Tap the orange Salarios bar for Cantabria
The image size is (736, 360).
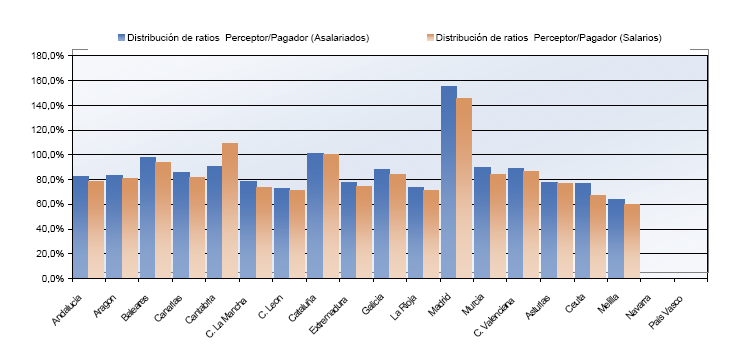(x=230, y=210)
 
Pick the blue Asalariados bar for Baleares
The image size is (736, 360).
(x=148, y=217)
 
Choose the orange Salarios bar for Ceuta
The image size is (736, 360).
(x=599, y=236)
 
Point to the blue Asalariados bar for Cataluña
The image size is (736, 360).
(x=315, y=215)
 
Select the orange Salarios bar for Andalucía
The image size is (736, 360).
(x=96, y=229)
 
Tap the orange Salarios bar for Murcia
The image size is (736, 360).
(x=498, y=226)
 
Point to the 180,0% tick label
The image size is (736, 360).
(x=48, y=56)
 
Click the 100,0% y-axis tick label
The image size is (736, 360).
(x=48, y=155)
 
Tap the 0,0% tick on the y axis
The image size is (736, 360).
(x=52, y=279)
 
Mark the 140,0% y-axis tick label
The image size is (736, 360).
(x=48, y=106)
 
